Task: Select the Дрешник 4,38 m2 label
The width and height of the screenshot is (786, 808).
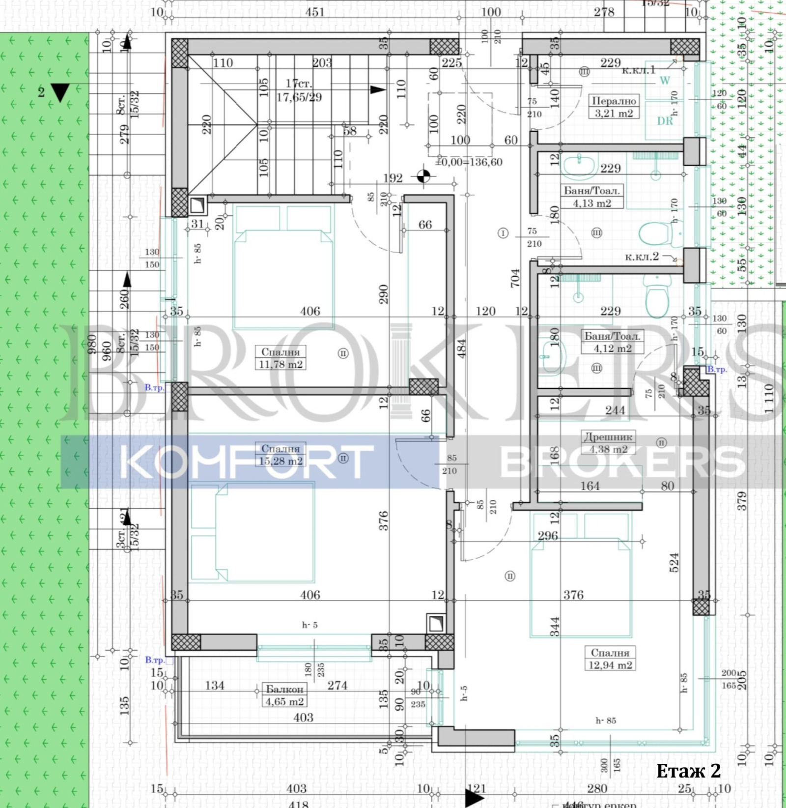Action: [x=608, y=442]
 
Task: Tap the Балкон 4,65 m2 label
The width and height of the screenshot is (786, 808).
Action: [x=284, y=695]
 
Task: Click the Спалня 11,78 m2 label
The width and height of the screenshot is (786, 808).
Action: [x=281, y=358]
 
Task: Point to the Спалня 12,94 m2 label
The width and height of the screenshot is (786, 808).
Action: [x=610, y=659]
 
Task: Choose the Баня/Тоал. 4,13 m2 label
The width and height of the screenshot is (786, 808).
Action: [x=591, y=197]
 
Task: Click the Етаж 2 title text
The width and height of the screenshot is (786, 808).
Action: [x=688, y=771]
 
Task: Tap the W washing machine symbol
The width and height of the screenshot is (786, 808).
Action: [x=664, y=81]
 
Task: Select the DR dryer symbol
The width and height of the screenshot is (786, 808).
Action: [x=665, y=120]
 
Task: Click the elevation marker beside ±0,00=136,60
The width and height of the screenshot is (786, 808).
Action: [x=423, y=176]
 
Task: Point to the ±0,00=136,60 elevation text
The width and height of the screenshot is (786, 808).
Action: [x=469, y=162]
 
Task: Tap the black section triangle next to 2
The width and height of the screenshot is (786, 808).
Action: [x=60, y=92]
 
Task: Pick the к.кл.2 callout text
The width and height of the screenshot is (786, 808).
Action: [x=642, y=257]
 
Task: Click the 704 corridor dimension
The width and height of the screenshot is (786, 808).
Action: [x=515, y=278]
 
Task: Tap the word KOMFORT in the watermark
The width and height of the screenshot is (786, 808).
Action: [x=246, y=462]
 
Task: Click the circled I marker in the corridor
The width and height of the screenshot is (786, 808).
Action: [x=503, y=233]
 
